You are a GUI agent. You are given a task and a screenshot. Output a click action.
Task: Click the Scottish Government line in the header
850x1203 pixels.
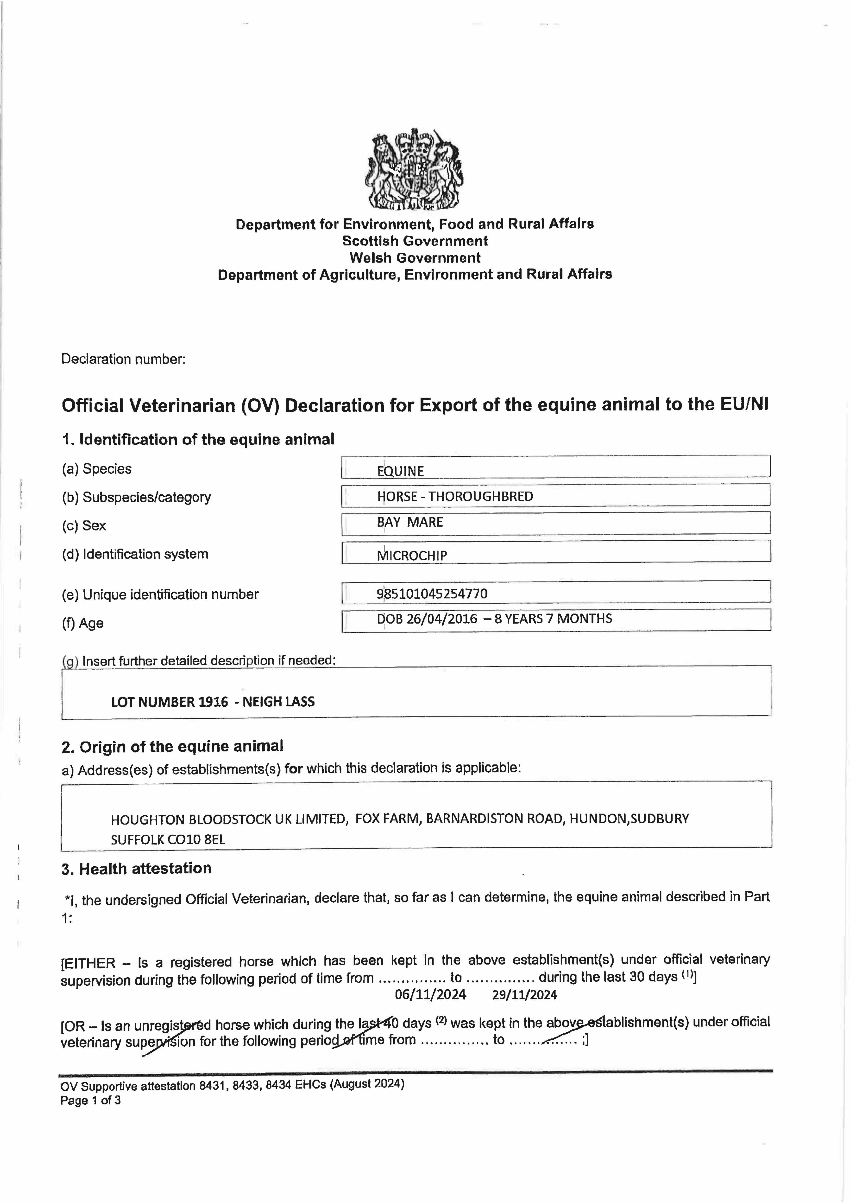click(x=415, y=241)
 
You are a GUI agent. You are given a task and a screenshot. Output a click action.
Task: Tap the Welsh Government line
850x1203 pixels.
click(x=415, y=258)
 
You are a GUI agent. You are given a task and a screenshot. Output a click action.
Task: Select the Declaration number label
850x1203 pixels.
click(x=123, y=359)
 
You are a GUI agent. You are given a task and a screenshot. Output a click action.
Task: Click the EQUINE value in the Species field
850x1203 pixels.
click(x=401, y=471)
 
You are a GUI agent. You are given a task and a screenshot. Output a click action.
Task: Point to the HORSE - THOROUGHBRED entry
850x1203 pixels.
click(x=455, y=497)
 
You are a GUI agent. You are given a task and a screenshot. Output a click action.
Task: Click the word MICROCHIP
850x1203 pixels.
click(x=412, y=556)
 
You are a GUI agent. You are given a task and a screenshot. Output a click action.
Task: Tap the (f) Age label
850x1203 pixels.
click(x=83, y=623)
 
